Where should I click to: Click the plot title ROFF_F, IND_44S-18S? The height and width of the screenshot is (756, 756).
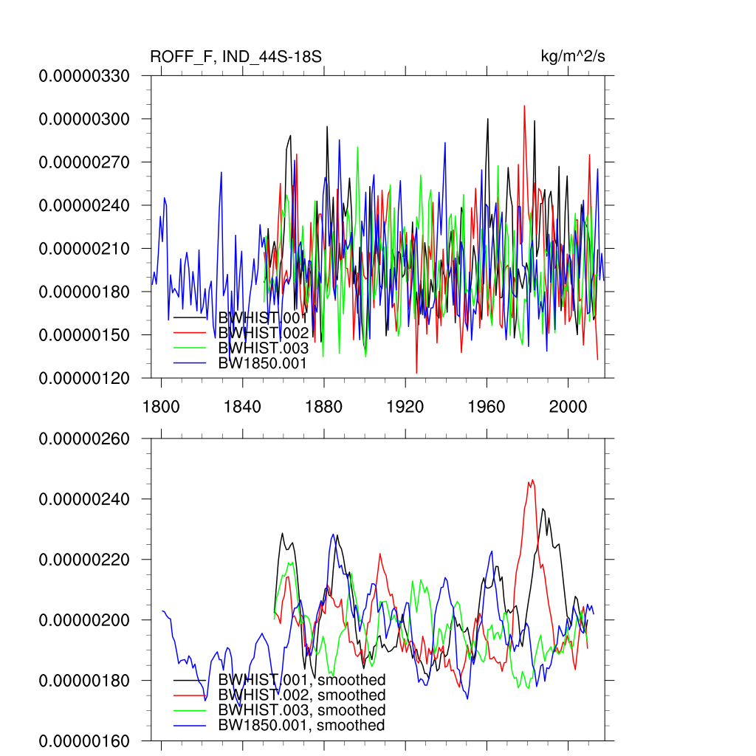[236, 57]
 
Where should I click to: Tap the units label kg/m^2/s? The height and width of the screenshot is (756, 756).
[574, 57]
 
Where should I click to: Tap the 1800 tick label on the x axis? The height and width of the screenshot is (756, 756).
[162, 407]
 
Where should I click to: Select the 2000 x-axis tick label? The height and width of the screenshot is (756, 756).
[568, 407]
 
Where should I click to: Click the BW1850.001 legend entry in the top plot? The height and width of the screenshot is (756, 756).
[262, 363]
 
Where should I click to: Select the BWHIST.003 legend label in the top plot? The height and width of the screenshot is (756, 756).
[262, 348]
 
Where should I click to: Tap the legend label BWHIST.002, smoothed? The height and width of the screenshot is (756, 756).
[302, 695]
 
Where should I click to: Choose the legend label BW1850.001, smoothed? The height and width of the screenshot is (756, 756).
[302, 726]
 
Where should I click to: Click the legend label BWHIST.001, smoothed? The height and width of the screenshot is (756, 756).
[302, 680]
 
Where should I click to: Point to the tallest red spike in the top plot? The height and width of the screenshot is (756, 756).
[524, 106]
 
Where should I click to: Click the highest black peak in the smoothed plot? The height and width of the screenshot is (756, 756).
[543, 509]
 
